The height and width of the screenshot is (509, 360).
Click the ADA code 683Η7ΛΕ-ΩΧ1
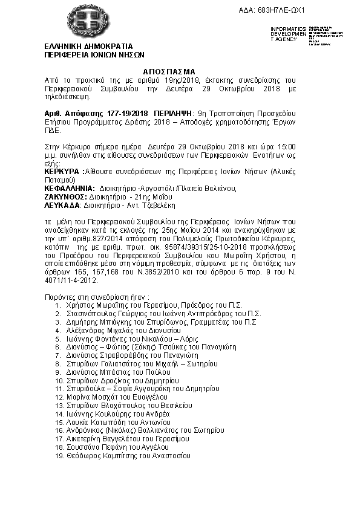pyautogui.click(x=281, y=11)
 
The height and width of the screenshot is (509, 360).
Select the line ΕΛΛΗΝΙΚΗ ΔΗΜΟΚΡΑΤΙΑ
pyautogui.click(x=90, y=46)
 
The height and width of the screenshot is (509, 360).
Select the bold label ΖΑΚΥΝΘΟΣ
pyautogui.click(x=66, y=196)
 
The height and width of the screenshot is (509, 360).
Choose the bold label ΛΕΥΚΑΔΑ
pyautogui.click(x=64, y=205)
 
